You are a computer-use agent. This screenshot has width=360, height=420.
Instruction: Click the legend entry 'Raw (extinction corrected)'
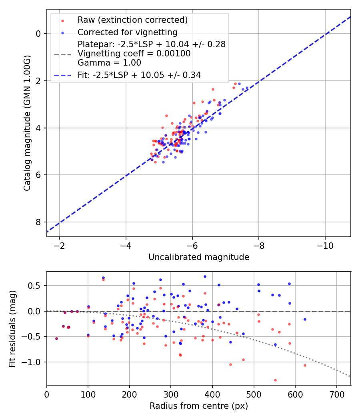tap(132, 20)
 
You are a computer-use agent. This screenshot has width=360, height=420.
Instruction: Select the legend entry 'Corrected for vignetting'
tap(128, 32)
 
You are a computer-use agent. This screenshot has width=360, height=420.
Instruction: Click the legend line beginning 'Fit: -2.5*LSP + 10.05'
tap(139, 75)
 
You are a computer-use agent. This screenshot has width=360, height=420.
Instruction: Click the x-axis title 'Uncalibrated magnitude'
tap(199, 257)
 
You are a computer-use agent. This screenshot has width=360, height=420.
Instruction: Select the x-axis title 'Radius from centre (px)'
tap(199, 406)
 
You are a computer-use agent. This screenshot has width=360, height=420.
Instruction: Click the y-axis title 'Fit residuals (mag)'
tap(12, 328)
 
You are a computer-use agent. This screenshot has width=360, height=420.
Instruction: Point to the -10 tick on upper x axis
tap(325, 245)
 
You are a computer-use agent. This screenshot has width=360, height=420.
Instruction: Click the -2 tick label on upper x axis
tap(60, 245)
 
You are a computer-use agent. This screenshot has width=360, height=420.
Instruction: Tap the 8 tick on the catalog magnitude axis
tap(39, 222)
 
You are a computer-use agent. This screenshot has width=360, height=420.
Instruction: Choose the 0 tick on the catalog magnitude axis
tap(39, 34)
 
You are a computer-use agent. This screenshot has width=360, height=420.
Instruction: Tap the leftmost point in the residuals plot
tap(56, 338)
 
